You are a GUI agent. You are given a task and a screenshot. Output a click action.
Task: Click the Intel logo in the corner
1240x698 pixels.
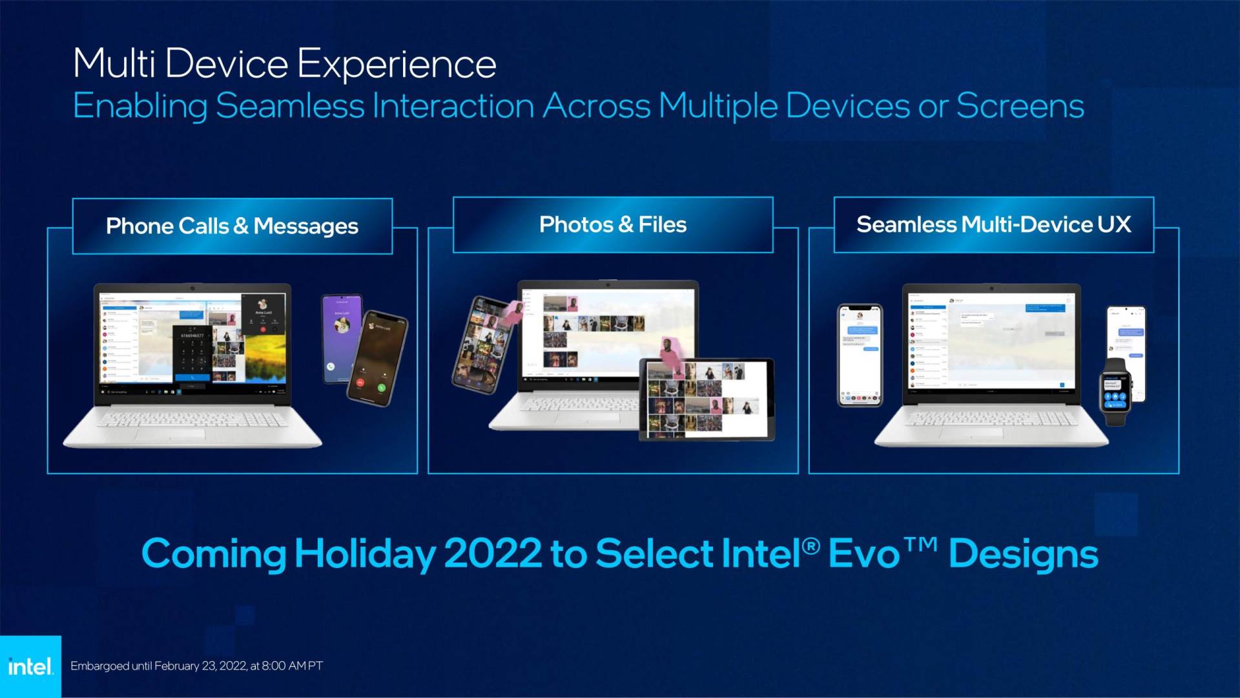tap(30, 666)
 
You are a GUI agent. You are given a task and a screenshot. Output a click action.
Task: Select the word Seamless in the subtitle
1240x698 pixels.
tap(290, 106)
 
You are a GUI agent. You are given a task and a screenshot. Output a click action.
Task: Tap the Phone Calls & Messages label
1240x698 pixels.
tap(232, 226)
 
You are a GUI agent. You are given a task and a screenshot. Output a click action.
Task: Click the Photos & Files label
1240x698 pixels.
tap(612, 225)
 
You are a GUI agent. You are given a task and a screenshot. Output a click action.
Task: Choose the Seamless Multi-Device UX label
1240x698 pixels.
tap(993, 225)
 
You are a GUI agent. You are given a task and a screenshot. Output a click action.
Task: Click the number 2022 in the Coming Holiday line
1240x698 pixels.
tap(492, 554)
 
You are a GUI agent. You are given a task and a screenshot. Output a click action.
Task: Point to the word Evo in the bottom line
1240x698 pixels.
tap(863, 554)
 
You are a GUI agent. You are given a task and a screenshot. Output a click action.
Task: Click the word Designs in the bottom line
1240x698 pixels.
tap(1023, 554)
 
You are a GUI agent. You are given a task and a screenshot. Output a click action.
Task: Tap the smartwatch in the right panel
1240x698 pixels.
tap(1115, 392)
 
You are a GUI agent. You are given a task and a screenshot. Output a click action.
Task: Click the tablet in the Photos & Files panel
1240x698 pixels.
tap(706, 399)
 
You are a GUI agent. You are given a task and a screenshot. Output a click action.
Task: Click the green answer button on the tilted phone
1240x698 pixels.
tap(382, 388)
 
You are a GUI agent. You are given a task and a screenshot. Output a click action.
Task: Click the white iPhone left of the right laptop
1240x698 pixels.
tap(860, 355)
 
